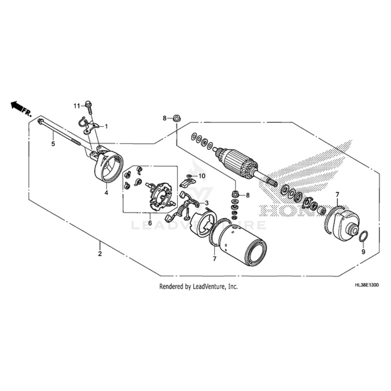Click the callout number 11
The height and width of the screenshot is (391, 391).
click(77, 106)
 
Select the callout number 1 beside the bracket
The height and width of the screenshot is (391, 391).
click(106, 127)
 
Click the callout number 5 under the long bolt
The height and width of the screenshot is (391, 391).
click(53, 144)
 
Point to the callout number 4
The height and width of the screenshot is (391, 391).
click(106, 193)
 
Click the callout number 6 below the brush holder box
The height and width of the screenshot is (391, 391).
click(150, 223)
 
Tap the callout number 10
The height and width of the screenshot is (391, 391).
click(202, 176)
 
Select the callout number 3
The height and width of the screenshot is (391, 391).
click(207, 203)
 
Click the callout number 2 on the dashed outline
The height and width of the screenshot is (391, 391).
click(100, 254)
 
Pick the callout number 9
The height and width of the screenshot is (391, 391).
click(363, 252)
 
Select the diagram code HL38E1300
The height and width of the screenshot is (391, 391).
click(366, 285)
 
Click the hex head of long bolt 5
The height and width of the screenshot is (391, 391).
click(40, 121)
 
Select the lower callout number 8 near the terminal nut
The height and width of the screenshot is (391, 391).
click(248, 195)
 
